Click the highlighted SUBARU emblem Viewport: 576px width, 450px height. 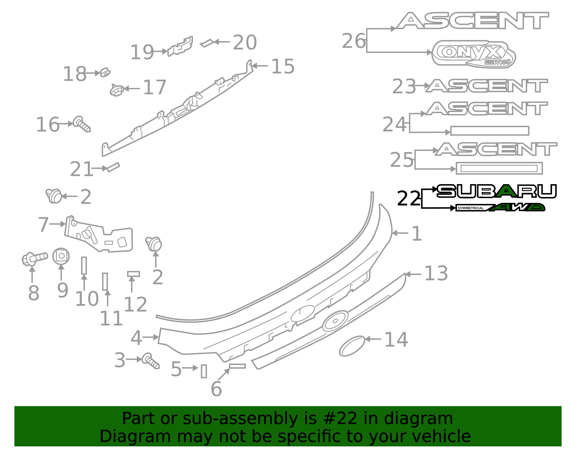coord(497,191)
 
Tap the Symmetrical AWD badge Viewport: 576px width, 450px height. coord(500,208)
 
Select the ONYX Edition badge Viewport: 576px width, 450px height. coord(473,53)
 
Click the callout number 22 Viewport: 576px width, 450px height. coord(409,199)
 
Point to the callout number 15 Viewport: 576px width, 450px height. coord(283,67)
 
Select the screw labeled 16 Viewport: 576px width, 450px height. coord(82,124)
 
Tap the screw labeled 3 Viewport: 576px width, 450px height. coord(150,361)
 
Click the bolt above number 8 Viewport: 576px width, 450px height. coord(34,258)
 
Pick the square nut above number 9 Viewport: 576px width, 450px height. coord(61,256)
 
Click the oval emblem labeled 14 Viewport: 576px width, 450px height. coord(352,346)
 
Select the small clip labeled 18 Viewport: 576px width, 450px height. coord(105,72)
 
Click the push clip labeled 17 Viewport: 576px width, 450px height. coord(116,90)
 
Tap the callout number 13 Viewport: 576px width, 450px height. coord(436,274)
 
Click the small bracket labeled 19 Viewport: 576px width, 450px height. coord(180,46)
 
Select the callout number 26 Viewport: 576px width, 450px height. coord(354,41)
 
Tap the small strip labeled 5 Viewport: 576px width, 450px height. coord(204,371)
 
